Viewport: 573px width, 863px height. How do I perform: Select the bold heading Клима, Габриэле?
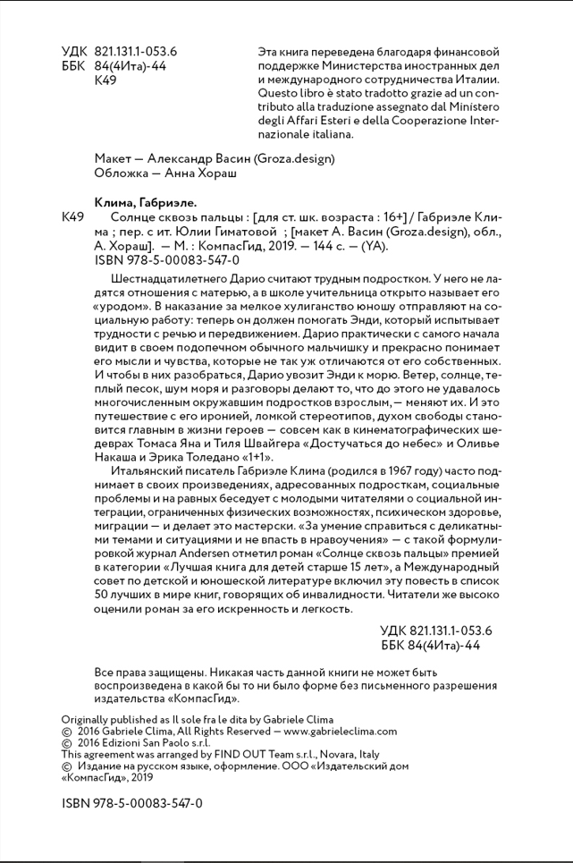point(144,202)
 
